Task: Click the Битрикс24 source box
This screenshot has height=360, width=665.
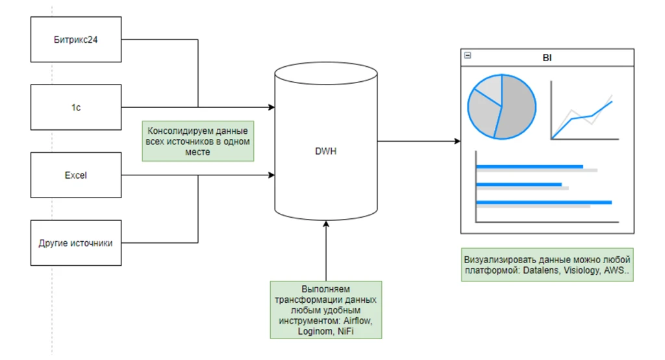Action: point(76,40)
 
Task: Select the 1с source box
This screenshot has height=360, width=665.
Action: point(76,107)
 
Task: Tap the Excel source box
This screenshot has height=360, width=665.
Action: point(76,175)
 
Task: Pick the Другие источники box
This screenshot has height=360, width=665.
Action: point(76,243)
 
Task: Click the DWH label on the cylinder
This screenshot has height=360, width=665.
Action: point(325,151)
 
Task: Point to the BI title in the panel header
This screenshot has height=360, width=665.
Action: point(547,58)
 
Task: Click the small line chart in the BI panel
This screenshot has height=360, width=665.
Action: point(583,112)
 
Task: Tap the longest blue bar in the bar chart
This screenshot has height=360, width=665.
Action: point(544,203)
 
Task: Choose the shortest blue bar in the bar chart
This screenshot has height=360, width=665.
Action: point(519,185)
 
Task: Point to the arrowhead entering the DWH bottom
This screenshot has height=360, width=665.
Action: point(325,224)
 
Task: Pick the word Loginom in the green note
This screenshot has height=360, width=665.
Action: point(314,331)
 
